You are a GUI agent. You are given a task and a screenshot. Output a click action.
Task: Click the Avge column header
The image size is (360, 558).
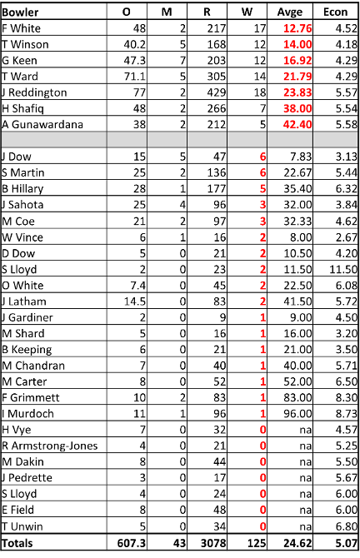click(x=289, y=12)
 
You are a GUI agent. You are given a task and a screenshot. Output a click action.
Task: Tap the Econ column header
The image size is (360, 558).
click(x=335, y=12)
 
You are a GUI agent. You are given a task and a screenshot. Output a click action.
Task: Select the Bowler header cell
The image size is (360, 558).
click(x=20, y=12)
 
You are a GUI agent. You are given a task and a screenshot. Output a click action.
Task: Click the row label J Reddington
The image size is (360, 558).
click(x=34, y=92)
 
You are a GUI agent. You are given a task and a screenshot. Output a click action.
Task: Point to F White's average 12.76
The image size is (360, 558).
click(x=297, y=28)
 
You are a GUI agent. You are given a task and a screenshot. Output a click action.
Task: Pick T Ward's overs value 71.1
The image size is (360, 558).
click(x=135, y=76)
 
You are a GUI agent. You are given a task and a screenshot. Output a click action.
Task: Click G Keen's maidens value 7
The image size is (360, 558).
click(x=182, y=60)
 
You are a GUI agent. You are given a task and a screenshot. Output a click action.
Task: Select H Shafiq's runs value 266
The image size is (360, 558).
click(x=217, y=108)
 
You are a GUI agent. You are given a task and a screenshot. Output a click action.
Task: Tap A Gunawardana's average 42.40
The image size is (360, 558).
click(x=297, y=124)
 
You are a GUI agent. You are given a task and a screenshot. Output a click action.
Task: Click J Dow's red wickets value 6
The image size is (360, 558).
click(x=262, y=157)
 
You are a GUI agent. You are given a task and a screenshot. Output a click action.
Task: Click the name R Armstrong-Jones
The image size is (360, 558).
click(x=49, y=446)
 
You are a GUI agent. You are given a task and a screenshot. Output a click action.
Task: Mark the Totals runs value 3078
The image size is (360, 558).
click(x=213, y=543)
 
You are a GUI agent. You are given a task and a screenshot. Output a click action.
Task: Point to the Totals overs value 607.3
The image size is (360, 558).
click(x=132, y=543)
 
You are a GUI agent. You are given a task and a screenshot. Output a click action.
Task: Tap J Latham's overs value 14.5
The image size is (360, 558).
click(x=135, y=301)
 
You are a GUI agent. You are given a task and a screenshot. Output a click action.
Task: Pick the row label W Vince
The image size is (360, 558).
click(x=22, y=237)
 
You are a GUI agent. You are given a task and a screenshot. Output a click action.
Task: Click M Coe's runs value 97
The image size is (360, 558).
click(x=220, y=221)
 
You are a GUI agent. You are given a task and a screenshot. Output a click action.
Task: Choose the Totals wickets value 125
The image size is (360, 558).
click(x=257, y=543)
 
